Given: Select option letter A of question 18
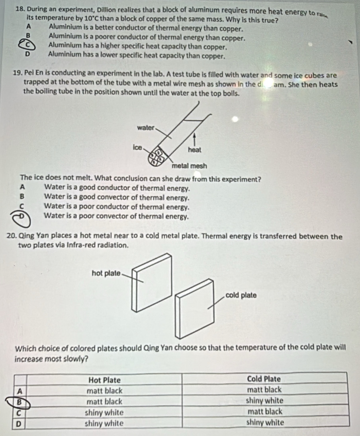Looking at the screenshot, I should [x=28, y=29].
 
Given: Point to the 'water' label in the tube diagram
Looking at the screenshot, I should [x=145, y=128].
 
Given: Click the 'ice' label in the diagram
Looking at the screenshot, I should [x=137, y=147].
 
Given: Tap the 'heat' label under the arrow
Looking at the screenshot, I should [x=195, y=150].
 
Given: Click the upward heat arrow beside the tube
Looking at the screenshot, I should [x=195, y=139].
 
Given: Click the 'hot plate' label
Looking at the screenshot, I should [x=106, y=273].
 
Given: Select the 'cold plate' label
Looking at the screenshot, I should [x=241, y=295].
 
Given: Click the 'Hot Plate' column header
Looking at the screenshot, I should [x=104, y=379].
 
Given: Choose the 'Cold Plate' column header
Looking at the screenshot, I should [x=264, y=378].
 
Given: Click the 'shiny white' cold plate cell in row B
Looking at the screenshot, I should [x=264, y=400].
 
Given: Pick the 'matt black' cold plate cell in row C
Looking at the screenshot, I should [x=265, y=411].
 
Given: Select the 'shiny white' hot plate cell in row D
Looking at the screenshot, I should [x=104, y=422].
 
